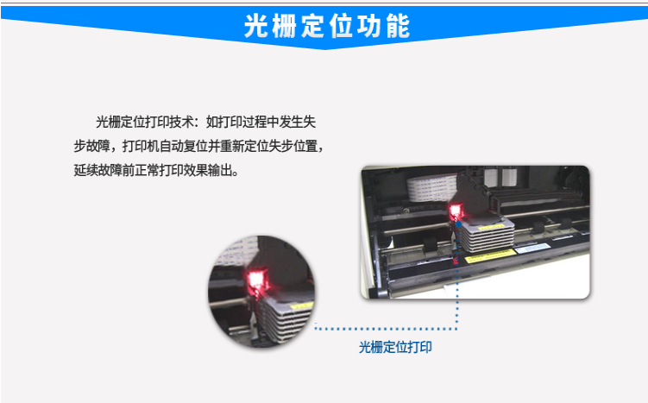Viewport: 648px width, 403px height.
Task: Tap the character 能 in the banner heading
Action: pos(398,27)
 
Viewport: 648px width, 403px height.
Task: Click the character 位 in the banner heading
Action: pos(342,27)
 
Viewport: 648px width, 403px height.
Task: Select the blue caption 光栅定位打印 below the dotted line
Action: pos(395,347)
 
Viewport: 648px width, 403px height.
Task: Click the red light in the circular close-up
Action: pos(257,279)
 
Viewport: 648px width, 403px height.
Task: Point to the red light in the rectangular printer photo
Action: pos(456,211)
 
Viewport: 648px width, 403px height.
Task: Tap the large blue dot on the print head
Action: pos(459,225)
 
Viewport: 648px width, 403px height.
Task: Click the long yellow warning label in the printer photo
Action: pos(490,255)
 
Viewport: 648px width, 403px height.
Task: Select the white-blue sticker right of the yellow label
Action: pos(533,248)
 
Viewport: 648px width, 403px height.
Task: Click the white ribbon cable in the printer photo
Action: pos(432,187)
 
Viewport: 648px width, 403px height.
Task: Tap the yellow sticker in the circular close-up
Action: pos(301,306)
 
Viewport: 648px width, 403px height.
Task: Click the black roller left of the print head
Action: pos(430,245)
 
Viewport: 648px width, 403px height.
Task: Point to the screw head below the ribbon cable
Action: pos(407,211)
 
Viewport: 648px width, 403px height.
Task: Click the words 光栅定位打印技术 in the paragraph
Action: pos(145,122)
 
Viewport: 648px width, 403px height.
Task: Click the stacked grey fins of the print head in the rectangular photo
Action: pos(488,236)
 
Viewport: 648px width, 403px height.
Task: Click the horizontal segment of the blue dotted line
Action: pos(386,329)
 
